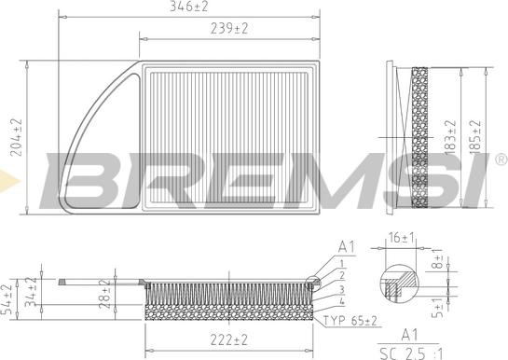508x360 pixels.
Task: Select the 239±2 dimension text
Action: [x=228, y=30]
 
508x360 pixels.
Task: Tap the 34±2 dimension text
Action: [x=34, y=290]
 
